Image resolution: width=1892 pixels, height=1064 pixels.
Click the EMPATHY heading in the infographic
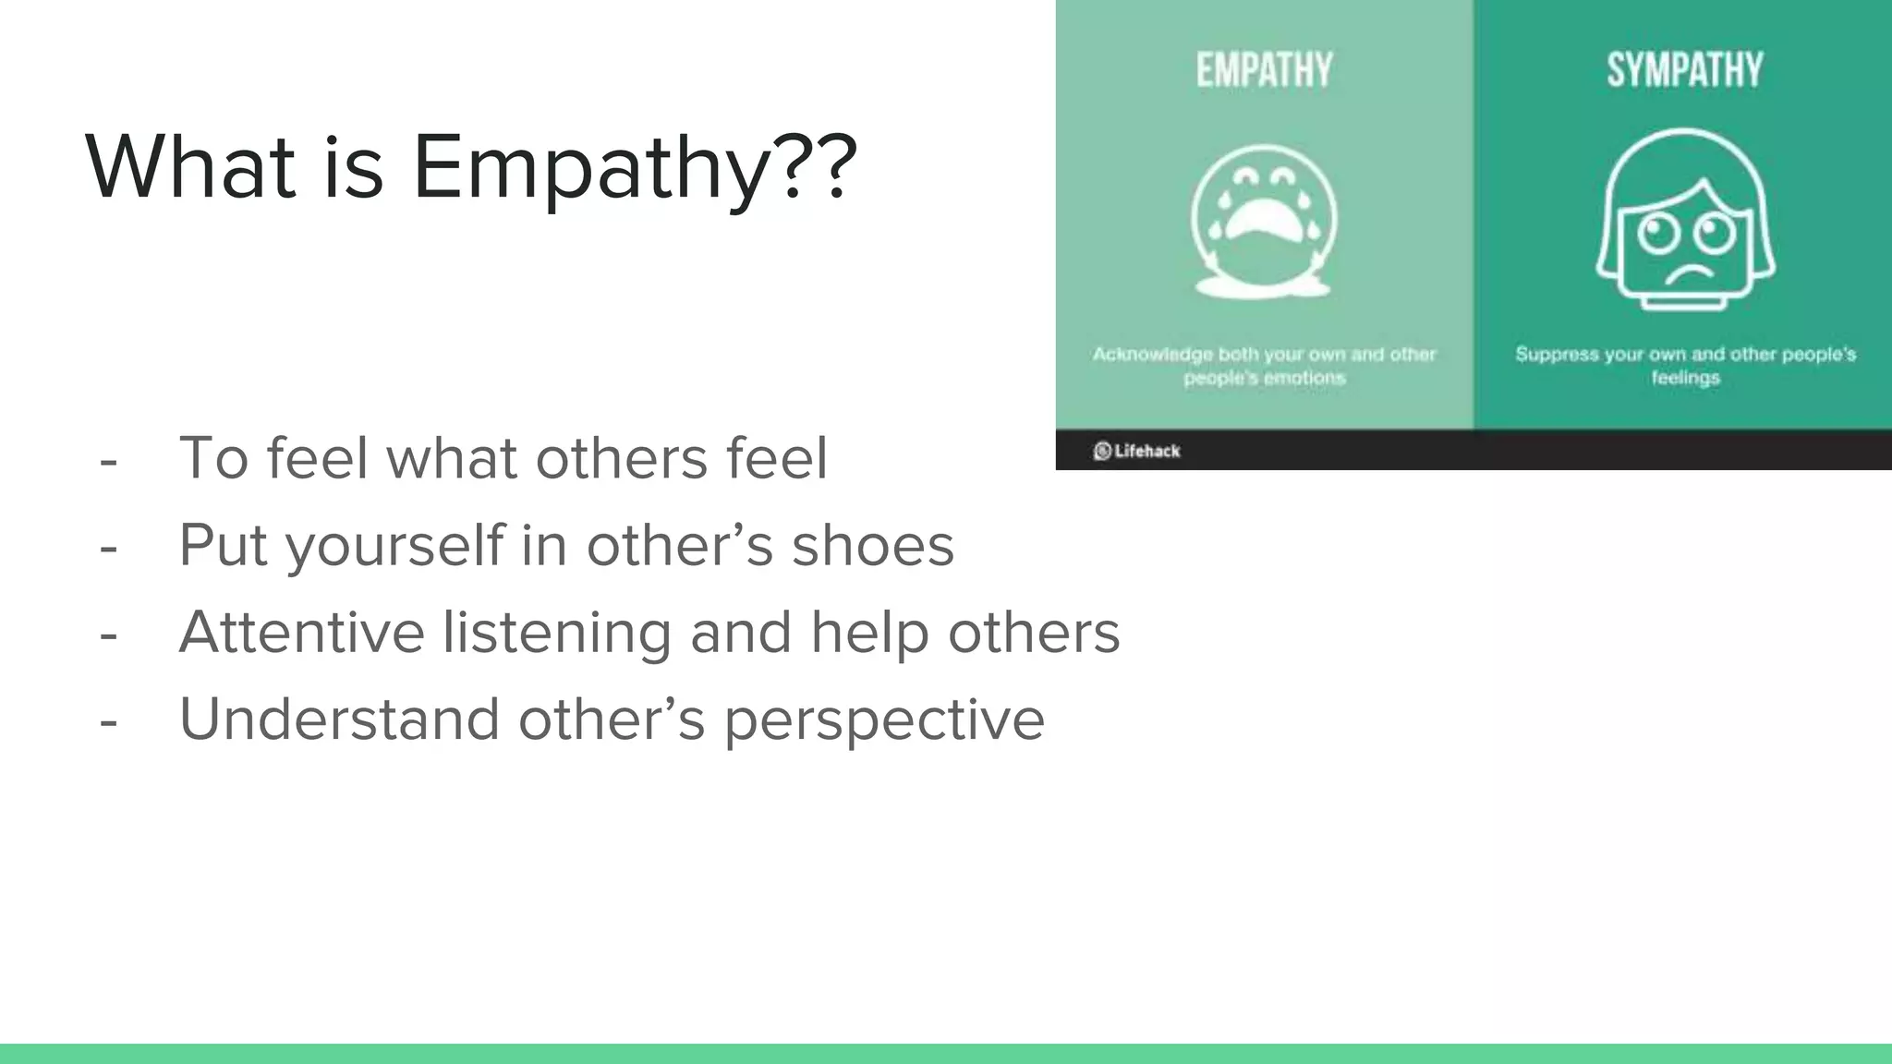(1265, 71)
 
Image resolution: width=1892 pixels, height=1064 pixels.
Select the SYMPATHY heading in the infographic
(1685, 71)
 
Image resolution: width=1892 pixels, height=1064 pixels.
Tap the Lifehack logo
(1137, 451)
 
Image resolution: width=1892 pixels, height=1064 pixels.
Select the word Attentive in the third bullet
(301, 633)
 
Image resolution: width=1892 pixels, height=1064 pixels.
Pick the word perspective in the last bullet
(884, 720)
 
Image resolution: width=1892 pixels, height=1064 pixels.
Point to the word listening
(556, 633)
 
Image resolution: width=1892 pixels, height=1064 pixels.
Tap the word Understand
(339, 719)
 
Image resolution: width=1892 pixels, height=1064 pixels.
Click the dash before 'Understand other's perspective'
(109, 721)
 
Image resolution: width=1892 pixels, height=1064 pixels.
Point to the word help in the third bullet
(869, 633)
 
